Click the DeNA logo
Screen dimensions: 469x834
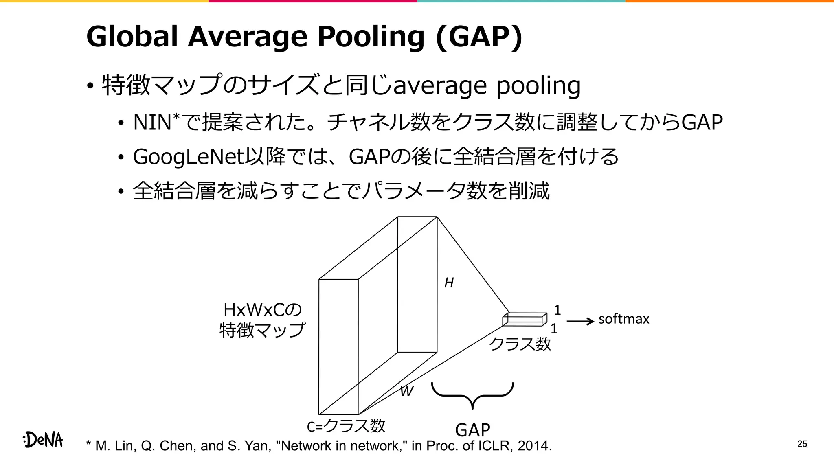(x=43, y=440)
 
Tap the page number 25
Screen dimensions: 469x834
(x=802, y=444)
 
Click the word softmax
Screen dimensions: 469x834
(x=623, y=319)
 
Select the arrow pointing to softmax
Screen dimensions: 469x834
(x=580, y=322)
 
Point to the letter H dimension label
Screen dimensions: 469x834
(x=449, y=283)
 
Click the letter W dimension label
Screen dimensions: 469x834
(x=406, y=391)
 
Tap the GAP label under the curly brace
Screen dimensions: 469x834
(x=472, y=430)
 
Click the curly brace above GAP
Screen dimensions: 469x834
(x=472, y=395)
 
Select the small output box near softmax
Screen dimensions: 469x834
(x=525, y=319)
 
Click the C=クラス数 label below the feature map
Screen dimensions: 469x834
(x=346, y=426)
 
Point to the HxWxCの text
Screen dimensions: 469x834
(x=263, y=310)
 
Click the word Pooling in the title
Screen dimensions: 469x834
(x=371, y=37)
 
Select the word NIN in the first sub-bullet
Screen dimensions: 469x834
(x=152, y=123)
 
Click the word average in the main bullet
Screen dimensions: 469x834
(x=440, y=86)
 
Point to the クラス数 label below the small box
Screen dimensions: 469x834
(x=520, y=344)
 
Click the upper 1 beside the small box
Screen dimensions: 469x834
(x=557, y=310)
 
